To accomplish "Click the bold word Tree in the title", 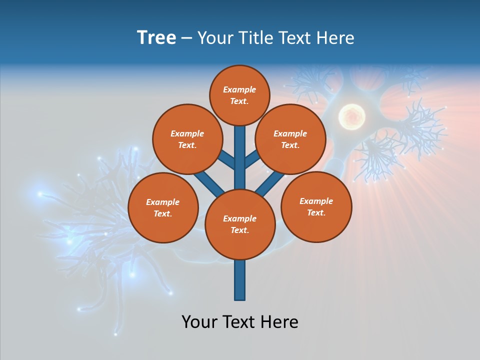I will tap(156, 38).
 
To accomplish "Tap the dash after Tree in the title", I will tap(186, 38).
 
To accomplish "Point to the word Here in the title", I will tap(336, 38).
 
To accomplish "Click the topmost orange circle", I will tap(239, 95).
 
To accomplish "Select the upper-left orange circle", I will tap(187, 139).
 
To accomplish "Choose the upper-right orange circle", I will tap(290, 139).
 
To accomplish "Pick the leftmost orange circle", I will tap(163, 207).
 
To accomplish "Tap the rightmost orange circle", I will tap(316, 206).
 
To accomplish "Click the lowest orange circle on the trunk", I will tap(240, 224).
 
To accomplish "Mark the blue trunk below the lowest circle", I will tap(240, 280).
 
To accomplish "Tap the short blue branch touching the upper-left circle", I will tap(226, 159).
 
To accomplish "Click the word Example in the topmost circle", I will tap(239, 89).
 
